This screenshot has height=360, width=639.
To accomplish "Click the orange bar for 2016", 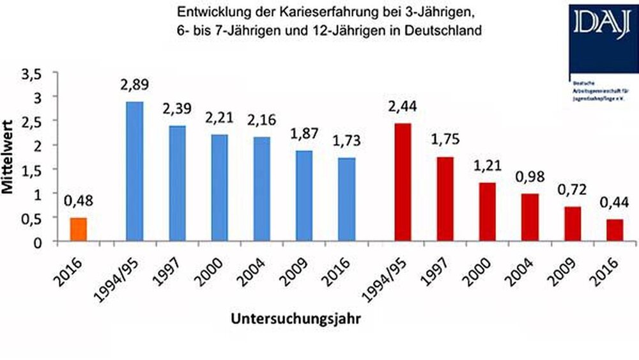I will [x=77, y=230].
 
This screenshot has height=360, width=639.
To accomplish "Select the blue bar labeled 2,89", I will [x=134, y=171].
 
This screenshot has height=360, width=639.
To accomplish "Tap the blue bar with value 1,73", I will [x=347, y=200].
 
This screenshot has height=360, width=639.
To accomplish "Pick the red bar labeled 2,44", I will [x=403, y=182].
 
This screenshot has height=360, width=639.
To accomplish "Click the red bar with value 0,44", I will [x=615, y=230].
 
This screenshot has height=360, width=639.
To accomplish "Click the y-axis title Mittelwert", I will [x=11, y=157].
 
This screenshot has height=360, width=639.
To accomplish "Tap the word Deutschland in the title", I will [x=442, y=31].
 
